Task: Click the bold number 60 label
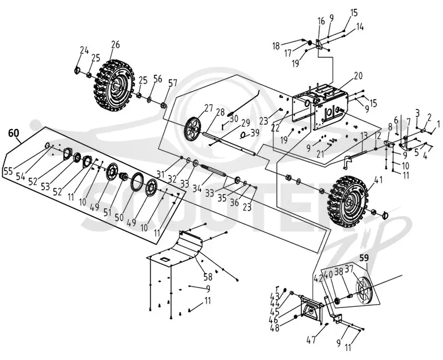[x=13, y=133]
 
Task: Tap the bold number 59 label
[x=364, y=258]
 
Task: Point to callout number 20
[x=358, y=76]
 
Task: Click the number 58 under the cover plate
[x=208, y=276]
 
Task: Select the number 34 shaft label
[x=197, y=188]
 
